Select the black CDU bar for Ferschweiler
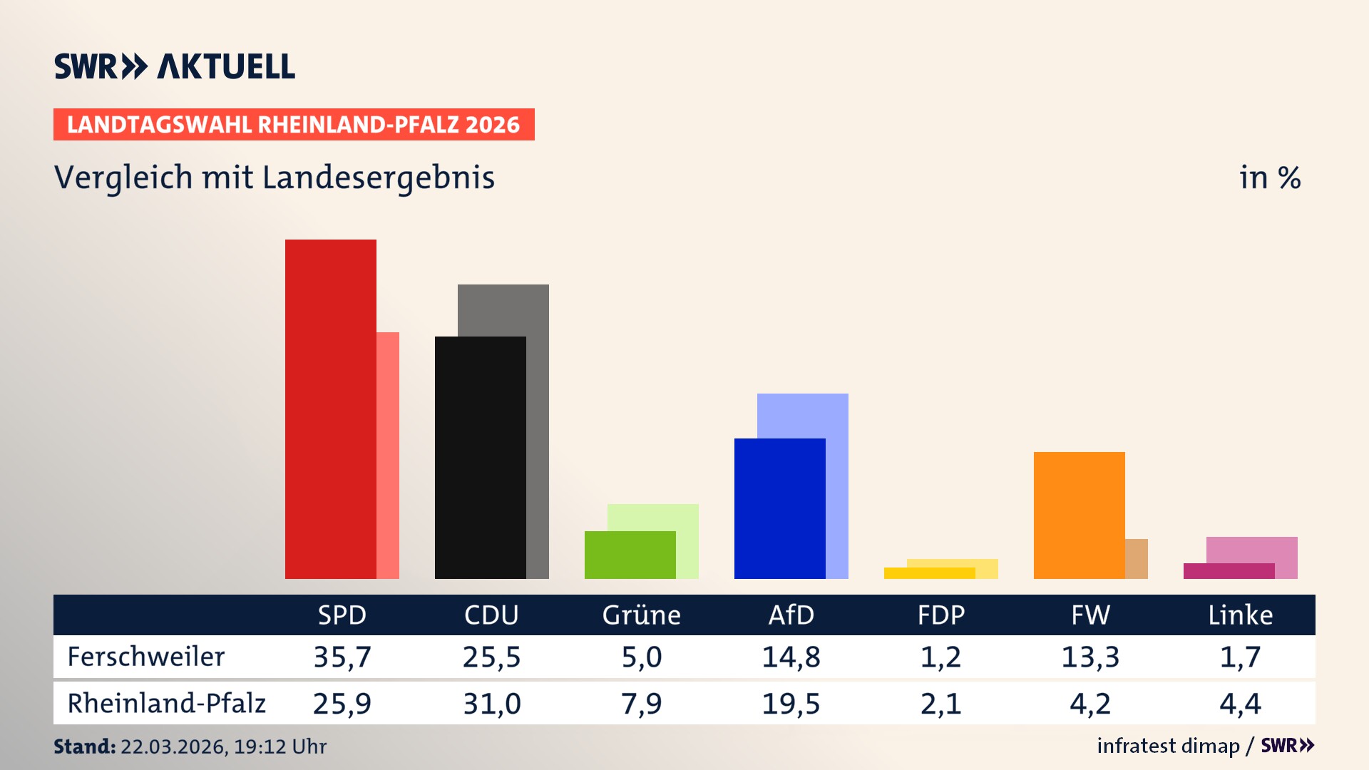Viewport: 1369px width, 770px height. (x=480, y=457)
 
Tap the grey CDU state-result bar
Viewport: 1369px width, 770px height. (x=538, y=428)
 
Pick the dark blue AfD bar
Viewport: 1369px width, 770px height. (x=779, y=508)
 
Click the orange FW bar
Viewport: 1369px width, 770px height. (x=1079, y=515)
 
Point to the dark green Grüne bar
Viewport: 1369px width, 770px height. (x=630, y=555)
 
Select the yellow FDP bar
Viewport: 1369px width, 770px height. (x=929, y=573)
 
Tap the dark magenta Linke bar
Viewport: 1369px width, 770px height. (x=1229, y=570)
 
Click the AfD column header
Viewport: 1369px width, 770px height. (x=791, y=615)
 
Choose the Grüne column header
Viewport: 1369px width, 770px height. (x=641, y=615)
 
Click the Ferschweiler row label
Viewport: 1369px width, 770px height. (x=146, y=657)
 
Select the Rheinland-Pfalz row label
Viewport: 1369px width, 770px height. (x=166, y=703)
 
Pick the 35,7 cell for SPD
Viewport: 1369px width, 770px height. (x=342, y=657)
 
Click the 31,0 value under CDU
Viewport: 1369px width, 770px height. (x=492, y=704)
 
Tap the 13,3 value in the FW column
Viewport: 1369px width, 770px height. (x=1090, y=657)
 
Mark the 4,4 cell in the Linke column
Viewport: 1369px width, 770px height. (x=1240, y=704)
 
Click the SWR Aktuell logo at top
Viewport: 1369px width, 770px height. (x=175, y=66)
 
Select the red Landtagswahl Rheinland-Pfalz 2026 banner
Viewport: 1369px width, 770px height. (x=294, y=124)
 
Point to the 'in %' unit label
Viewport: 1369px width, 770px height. (x=1269, y=178)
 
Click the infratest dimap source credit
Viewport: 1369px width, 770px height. (x=1168, y=746)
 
